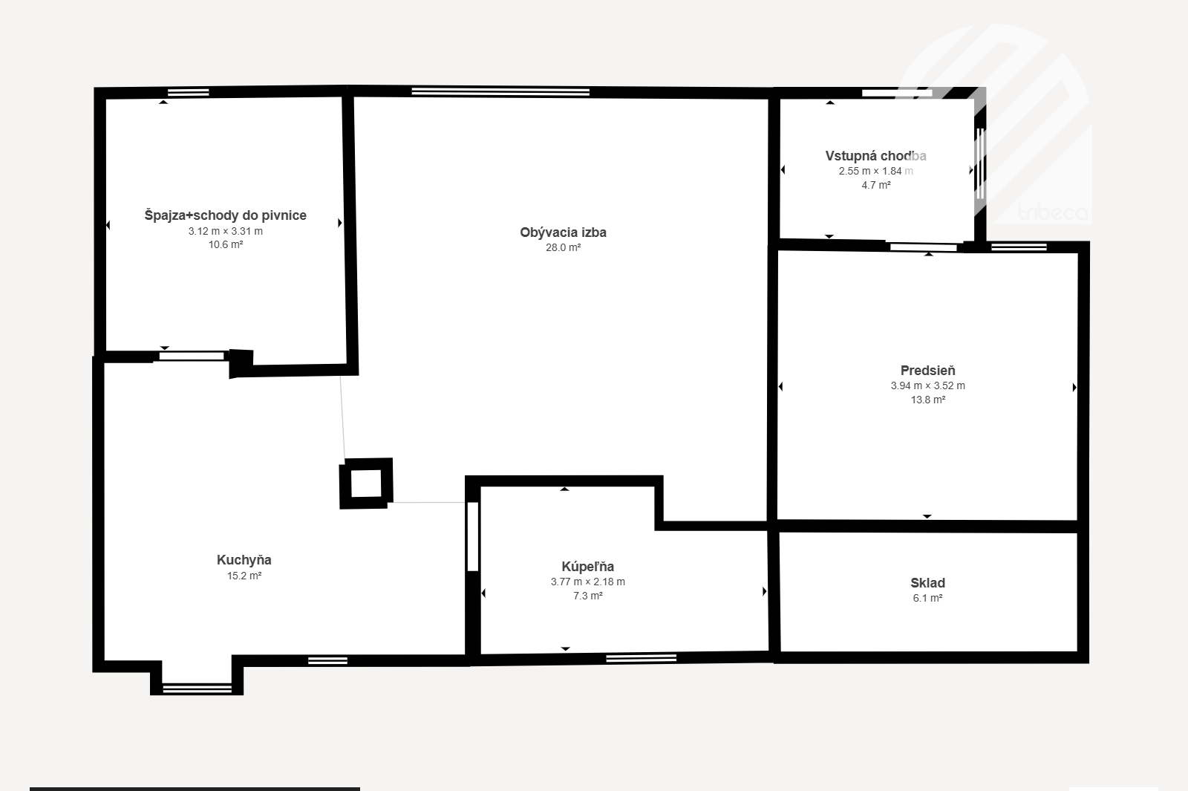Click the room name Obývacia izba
coord(563,232)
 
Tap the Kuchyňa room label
coord(244,560)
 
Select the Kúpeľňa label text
coord(587,567)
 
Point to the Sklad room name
coord(927,583)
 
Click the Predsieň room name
coord(927,371)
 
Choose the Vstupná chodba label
coord(875,156)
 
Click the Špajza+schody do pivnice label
coord(226,215)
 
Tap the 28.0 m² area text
coord(564,248)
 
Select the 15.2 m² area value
coord(244,576)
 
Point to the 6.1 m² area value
coord(927,598)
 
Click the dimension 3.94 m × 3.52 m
coord(927,385)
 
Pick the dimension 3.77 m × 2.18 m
coord(587,582)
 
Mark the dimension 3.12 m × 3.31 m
coord(226,231)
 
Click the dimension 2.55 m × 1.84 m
coord(875,172)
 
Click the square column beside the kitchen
coord(366,484)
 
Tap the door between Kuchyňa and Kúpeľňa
coord(472,536)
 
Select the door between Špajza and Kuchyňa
coord(192,356)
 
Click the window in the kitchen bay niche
coord(197,689)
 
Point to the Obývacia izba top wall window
coord(500,92)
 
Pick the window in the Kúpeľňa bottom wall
coord(641,658)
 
